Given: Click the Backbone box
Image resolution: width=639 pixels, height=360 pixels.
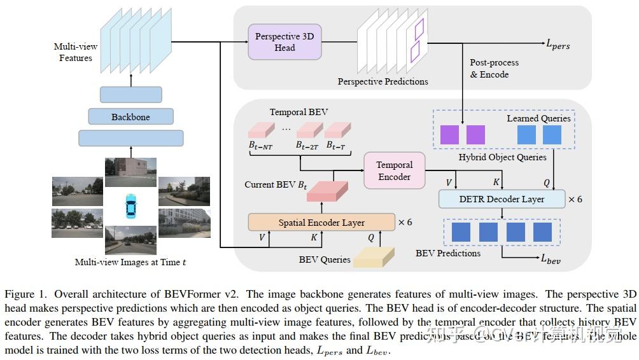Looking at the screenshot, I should pyautogui.click(x=130, y=116).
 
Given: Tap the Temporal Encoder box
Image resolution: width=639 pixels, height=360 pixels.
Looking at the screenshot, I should pyautogui.click(x=394, y=170).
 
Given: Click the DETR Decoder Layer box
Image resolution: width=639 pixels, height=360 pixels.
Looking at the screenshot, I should pyautogui.click(x=502, y=199).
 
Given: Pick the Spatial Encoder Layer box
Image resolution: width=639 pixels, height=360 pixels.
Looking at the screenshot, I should pyautogui.click(x=321, y=223).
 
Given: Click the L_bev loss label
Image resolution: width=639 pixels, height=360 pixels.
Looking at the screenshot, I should pyautogui.click(x=551, y=258).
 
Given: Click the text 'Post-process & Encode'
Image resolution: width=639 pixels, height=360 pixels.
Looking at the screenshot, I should pyautogui.click(x=494, y=69).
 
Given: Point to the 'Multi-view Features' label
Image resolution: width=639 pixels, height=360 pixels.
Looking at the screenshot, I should pyautogui.click(x=76, y=53).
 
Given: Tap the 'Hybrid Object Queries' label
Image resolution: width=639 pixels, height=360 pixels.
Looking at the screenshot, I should pyautogui.click(x=502, y=156).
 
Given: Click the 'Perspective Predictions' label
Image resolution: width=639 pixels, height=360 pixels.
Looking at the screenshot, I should pyautogui.click(x=383, y=81).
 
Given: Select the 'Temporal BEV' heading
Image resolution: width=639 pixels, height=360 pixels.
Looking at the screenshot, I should pyautogui.click(x=298, y=112).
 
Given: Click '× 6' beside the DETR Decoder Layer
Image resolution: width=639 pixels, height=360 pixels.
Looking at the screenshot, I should pyautogui.click(x=575, y=199).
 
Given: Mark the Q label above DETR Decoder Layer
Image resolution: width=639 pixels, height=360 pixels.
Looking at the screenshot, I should pyautogui.click(x=546, y=183).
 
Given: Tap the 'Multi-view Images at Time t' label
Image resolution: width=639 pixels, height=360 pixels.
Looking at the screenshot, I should pyautogui.click(x=130, y=262).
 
